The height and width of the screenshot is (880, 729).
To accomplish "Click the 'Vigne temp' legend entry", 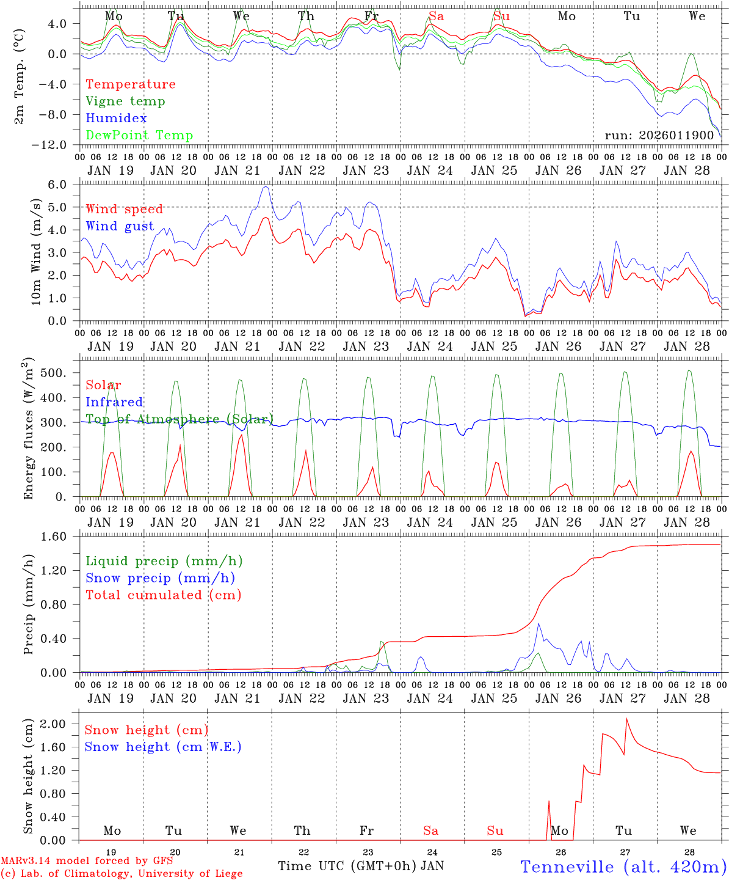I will (x=125, y=101).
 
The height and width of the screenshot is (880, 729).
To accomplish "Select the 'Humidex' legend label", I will (x=116, y=119).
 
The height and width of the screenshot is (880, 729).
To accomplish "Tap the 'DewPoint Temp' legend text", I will (x=139, y=136).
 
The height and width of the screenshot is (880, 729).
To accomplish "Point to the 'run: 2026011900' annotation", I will (x=659, y=135).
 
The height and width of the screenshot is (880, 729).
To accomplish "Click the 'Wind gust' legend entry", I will (x=120, y=226).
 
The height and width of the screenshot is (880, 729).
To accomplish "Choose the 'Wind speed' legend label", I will (x=125, y=209).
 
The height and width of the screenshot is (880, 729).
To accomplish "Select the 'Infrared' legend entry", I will (x=114, y=402).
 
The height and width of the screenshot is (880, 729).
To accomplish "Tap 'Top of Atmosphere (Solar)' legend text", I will (x=179, y=419).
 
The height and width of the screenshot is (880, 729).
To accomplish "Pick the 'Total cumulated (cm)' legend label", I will (x=163, y=595).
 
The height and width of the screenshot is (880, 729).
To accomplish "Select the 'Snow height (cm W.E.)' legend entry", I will (x=162, y=747).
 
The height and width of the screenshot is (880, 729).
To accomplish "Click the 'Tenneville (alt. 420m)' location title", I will (x=623, y=867).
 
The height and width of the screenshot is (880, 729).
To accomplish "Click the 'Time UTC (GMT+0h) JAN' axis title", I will (x=360, y=866).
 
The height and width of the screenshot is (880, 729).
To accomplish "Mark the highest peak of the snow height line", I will (x=626, y=719).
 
